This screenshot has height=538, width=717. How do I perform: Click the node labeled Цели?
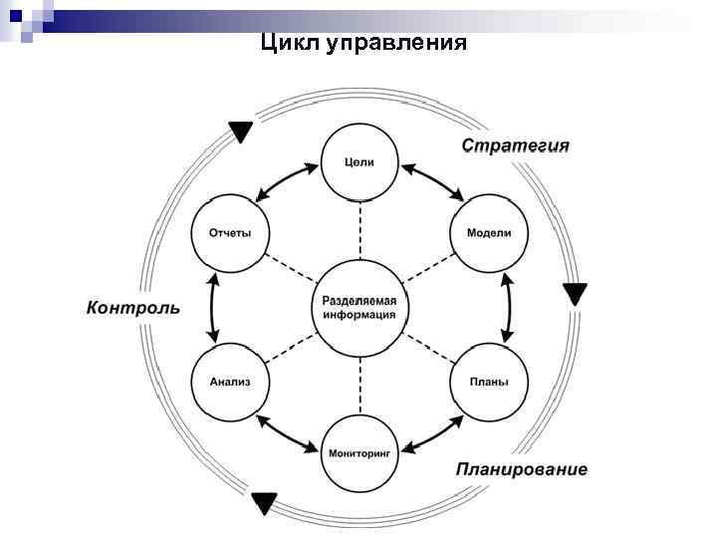coord(358,163)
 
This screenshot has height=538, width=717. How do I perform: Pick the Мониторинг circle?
coord(358,451)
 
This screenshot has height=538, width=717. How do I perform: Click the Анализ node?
coord(229,381)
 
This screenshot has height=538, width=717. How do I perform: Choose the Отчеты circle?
coord(229,233)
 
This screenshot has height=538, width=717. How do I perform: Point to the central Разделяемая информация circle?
coord(358,307)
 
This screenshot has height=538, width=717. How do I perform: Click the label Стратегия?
coord(515,146)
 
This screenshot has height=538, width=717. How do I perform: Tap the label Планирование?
coord(522,469)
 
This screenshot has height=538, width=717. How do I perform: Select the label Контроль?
coord(133,307)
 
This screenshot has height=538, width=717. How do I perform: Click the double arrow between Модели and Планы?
coord(507,307)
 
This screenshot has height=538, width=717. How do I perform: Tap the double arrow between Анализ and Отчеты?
coord(211,307)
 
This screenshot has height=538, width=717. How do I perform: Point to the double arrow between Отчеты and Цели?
coord(287,183)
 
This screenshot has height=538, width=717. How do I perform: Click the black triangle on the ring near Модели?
coord(575,294)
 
